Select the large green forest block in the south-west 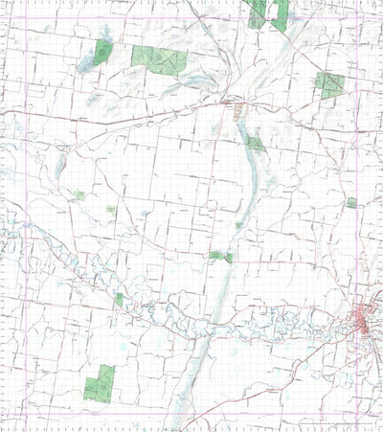coord(100,382)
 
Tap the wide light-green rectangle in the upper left coord(159,60)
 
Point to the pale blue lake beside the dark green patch coord(92,62)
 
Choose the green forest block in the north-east coord(329,85)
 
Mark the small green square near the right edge coord(351,202)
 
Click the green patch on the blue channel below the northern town coord(254,144)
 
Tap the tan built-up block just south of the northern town coord(238,113)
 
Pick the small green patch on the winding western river coord(119,299)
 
